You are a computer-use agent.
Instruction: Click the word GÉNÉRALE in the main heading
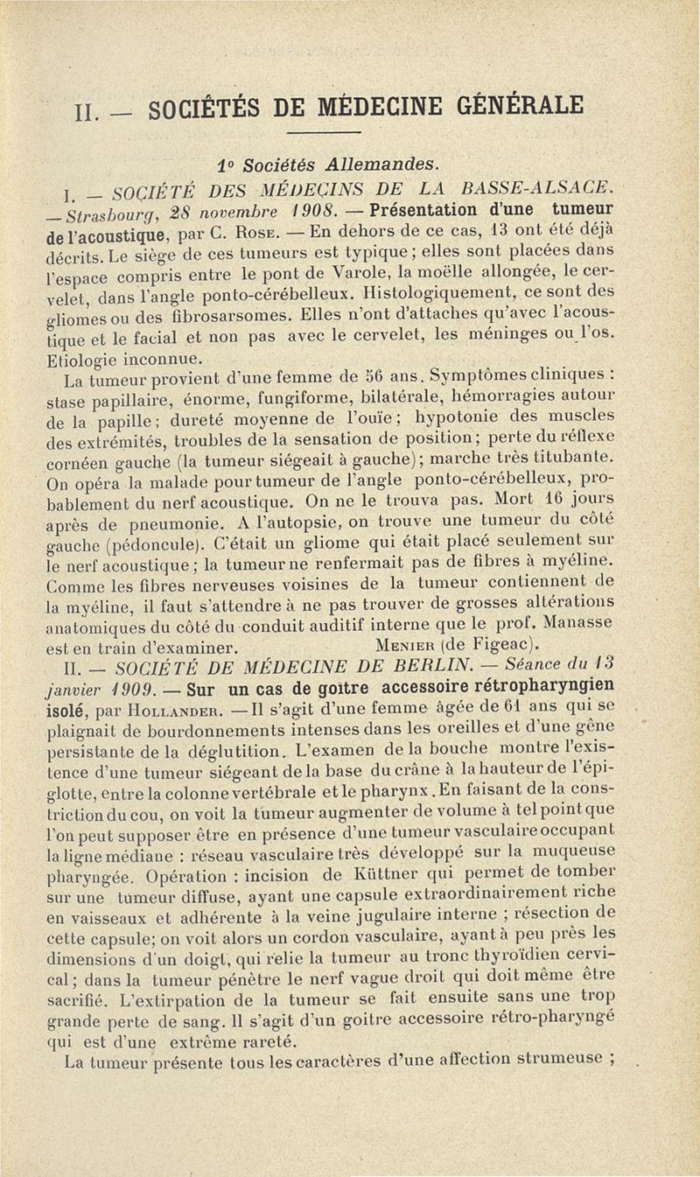pyautogui.click(x=520, y=107)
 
